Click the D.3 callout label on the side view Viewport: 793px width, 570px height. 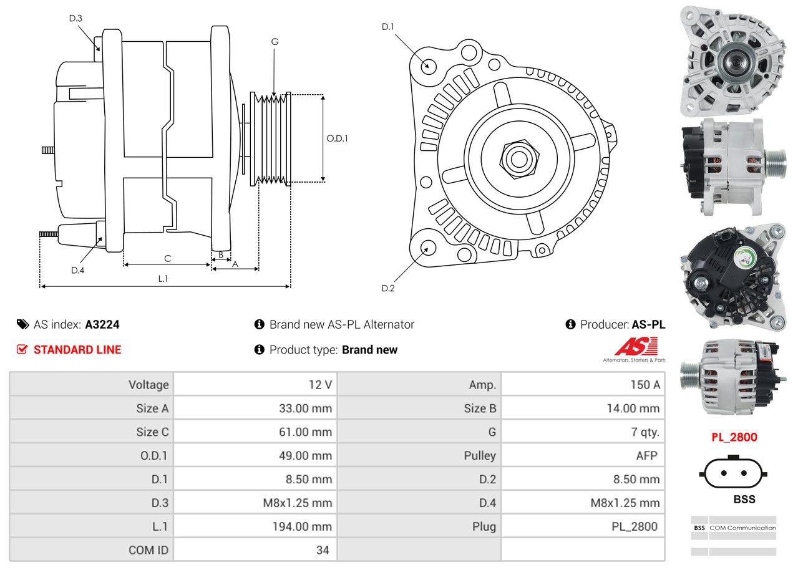(x=75, y=18)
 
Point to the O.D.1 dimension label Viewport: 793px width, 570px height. (x=337, y=138)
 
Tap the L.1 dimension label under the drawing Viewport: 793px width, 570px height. (x=163, y=278)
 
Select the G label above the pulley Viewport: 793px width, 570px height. (x=275, y=42)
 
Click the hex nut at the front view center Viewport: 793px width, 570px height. (x=517, y=158)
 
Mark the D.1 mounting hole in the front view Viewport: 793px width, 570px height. (x=428, y=65)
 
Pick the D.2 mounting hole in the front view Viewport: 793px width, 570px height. (x=427, y=248)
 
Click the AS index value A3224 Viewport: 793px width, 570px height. (x=102, y=324)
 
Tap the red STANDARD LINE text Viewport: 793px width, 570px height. (x=77, y=350)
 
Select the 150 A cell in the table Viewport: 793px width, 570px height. (x=645, y=385)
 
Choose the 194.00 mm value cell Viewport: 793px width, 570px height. (x=301, y=526)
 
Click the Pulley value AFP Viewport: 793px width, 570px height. (x=646, y=455)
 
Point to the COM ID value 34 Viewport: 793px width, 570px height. (x=323, y=550)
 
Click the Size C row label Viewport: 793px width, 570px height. (x=152, y=432)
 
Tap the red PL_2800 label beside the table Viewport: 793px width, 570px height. (x=734, y=437)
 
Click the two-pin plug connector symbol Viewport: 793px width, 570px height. (x=734, y=473)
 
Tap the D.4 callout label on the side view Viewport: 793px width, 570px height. (x=77, y=270)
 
